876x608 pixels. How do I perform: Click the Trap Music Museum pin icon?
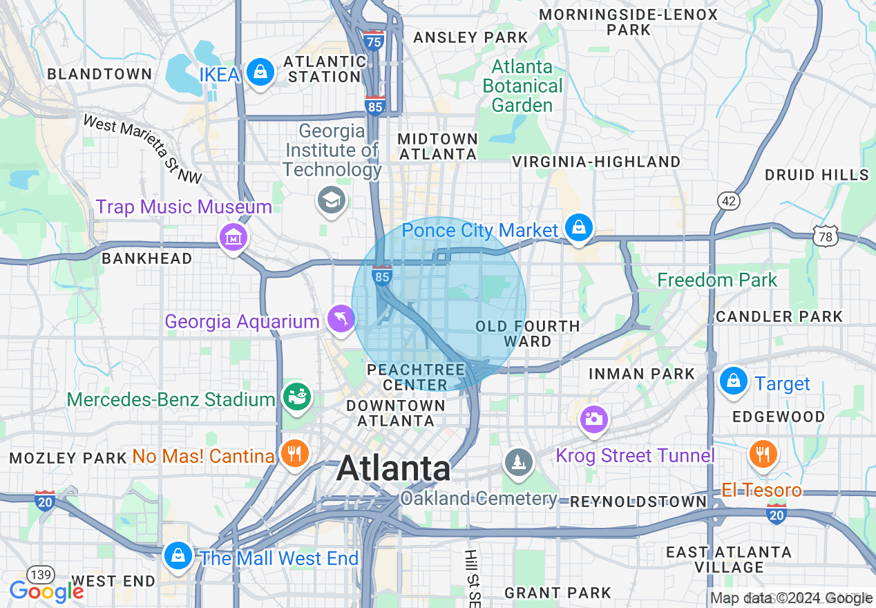click(x=234, y=238)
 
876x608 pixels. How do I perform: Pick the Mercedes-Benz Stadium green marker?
click(x=298, y=397)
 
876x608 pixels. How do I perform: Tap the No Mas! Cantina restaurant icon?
click(x=294, y=454)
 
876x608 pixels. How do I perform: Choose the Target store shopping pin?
click(x=733, y=381)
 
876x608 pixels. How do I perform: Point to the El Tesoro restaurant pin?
click(x=763, y=454)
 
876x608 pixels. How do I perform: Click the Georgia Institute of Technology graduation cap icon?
click(x=332, y=201)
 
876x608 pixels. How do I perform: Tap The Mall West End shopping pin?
click(x=178, y=555)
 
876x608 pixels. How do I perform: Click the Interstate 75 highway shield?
click(x=374, y=41)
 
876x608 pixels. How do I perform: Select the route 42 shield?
click(x=729, y=201)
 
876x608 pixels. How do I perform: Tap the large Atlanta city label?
click(x=394, y=469)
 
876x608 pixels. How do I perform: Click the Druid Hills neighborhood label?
click(x=817, y=175)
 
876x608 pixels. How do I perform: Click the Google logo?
click(x=46, y=591)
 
